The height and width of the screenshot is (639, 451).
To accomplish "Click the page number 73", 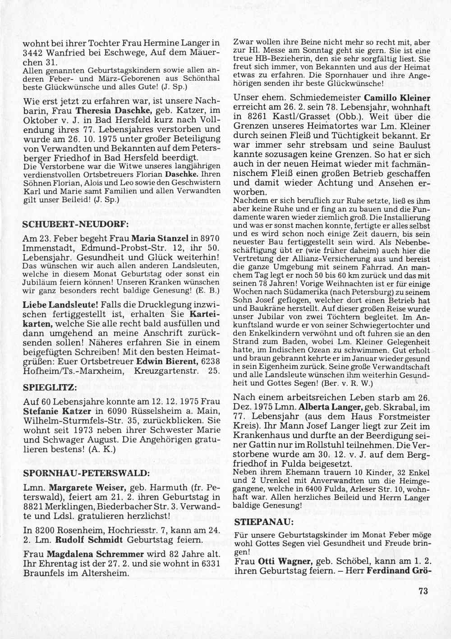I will pos(423,592).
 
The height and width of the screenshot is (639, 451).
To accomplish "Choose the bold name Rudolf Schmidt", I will pos(83,538).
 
